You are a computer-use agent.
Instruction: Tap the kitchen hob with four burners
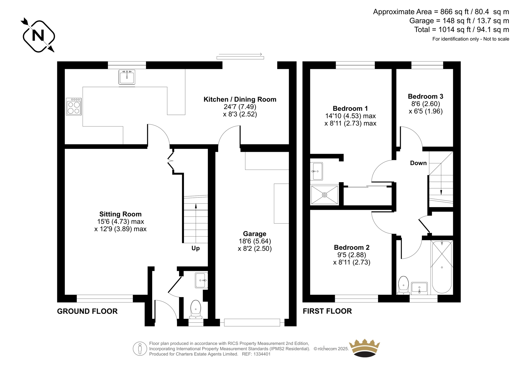click(74, 106)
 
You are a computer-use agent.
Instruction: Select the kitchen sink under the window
click(127, 77)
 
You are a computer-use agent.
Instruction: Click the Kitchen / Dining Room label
click(240, 99)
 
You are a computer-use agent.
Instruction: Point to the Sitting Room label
click(120, 214)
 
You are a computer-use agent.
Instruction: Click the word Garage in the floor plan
click(254, 234)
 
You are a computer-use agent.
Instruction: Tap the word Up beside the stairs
click(196, 248)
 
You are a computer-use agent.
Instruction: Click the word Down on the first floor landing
click(418, 163)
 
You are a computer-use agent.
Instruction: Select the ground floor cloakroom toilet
click(196, 309)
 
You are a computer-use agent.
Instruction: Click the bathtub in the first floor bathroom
click(442, 267)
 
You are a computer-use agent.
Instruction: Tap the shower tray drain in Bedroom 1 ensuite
click(324, 195)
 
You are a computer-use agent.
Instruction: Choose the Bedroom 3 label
click(425, 96)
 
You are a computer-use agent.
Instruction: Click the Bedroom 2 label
click(352, 247)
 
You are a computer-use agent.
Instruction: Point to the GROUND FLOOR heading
click(87, 311)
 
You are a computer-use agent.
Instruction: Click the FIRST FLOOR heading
click(327, 311)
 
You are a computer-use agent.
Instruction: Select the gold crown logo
click(365, 348)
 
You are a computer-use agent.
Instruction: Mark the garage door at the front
click(252, 323)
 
